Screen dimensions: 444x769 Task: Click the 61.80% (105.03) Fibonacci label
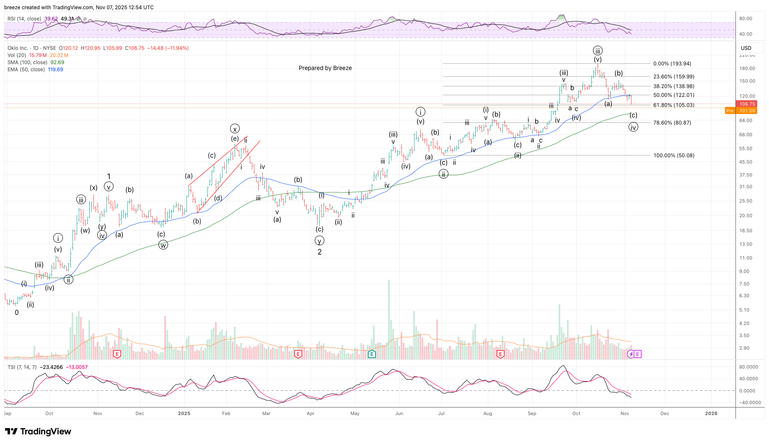(x=673, y=105)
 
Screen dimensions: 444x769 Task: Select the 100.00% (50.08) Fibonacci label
(x=673, y=156)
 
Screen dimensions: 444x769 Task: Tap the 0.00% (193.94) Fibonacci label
(x=672, y=64)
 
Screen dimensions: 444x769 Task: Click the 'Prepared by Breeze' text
(x=325, y=68)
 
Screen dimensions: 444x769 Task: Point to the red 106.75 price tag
(x=747, y=104)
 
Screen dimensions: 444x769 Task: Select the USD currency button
(x=746, y=48)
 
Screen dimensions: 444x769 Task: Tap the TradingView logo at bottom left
(x=38, y=431)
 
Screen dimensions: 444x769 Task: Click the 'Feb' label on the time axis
(x=226, y=413)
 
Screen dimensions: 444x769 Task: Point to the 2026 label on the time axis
(x=711, y=413)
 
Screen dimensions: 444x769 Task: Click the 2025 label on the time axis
(x=184, y=413)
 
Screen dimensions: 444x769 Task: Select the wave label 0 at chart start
(x=17, y=312)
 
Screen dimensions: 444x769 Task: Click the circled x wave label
(x=235, y=129)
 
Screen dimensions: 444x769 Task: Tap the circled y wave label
(x=319, y=241)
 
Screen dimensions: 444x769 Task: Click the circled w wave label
(x=163, y=245)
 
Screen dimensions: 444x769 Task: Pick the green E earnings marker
(x=371, y=354)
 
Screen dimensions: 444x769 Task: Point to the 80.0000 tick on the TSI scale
(x=748, y=367)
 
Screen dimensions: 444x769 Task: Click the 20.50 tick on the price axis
(x=746, y=216)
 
